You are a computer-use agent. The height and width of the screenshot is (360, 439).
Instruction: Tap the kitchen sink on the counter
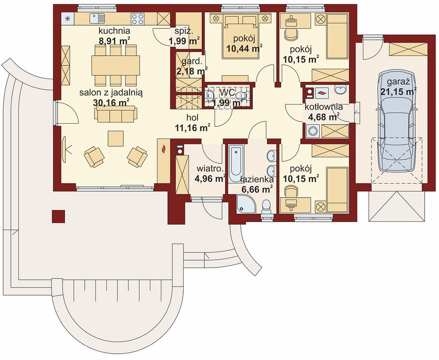coord(97,19)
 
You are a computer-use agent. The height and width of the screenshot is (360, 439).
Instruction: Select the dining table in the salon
coord(116,65)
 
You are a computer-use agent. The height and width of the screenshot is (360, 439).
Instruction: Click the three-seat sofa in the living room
coord(116,114)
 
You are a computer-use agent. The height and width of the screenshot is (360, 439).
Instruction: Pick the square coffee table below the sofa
coord(116,138)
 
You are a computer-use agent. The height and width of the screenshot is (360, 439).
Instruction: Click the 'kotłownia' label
coord(324,107)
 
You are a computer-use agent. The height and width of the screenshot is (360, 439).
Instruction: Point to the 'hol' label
coord(193,118)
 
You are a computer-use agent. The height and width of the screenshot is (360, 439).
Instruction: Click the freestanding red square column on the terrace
coord(58,216)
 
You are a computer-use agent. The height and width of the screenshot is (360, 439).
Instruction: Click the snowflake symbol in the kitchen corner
coord(67,19)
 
